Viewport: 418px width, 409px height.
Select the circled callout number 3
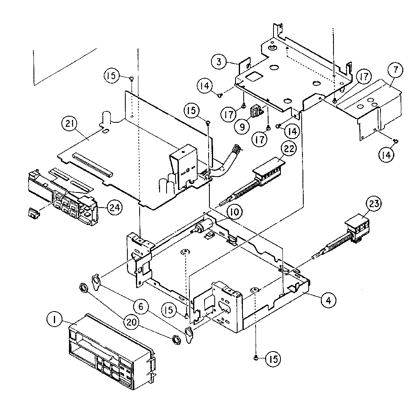pos(219,62)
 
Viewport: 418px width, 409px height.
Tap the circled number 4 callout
pos(328,301)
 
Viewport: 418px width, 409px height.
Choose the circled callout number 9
pos(242,126)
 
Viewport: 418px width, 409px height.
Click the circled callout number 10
pos(234,212)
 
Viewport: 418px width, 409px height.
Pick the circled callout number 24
pos(115,208)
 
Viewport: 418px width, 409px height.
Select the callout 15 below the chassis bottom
pos(273,359)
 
